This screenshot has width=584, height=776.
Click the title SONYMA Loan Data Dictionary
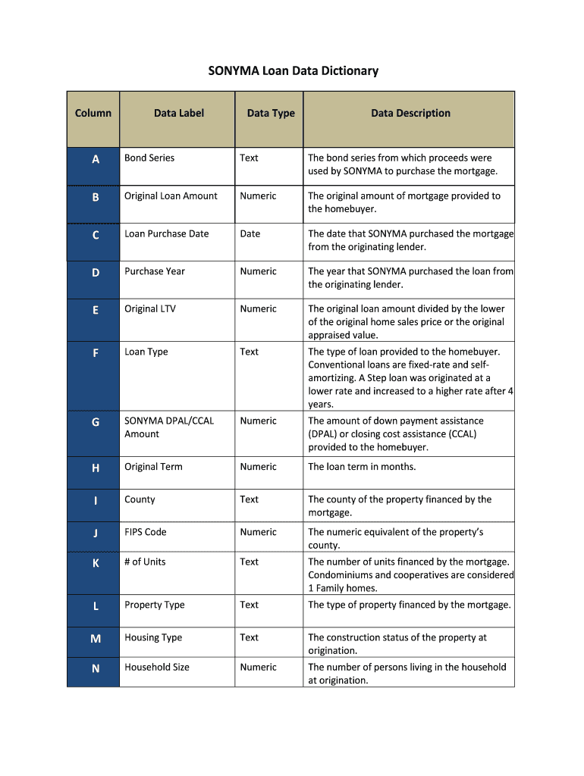pyautogui.click(x=293, y=71)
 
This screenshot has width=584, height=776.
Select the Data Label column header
pyautogui.click(x=178, y=114)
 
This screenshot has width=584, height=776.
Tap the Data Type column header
pyautogui.click(x=271, y=114)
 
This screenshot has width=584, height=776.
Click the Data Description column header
pyautogui.click(x=410, y=114)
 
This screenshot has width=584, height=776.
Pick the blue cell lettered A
pyautogui.click(x=95, y=159)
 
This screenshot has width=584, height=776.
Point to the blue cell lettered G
pyautogui.click(x=95, y=422)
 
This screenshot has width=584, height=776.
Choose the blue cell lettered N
pyautogui.click(x=95, y=668)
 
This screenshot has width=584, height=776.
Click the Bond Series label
pyautogui.click(x=149, y=158)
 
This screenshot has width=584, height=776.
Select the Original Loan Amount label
pyautogui.click(x=171, y=196)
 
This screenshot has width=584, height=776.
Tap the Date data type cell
pyautogui.click(x=250, y=234)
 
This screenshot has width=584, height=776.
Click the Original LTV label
pyautogui.click(x=150, y=309)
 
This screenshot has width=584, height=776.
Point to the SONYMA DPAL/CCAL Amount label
pyautogui.click(x=168, y=427)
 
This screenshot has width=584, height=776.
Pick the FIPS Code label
pyautogui.click(x=146, y=532)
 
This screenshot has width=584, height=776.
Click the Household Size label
pyautogui.click(x=157, y=668)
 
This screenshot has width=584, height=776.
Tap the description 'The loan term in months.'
pyautogui.click(x=362, y=467)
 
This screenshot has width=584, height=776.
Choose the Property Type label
pyautogui.click(x=155, y=605)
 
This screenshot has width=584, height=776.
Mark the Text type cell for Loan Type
pyautogui.click(x=250, y=352)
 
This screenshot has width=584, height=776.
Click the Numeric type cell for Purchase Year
pyautogui.click(x=259, y=271)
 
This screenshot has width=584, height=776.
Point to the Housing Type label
pyautogui.click(x=153, y=638)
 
